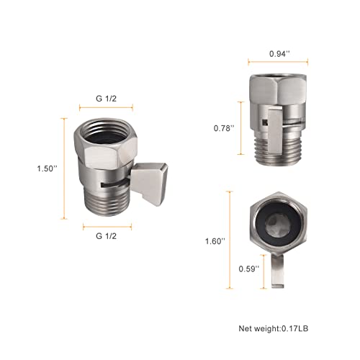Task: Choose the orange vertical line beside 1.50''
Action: [64, 168]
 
